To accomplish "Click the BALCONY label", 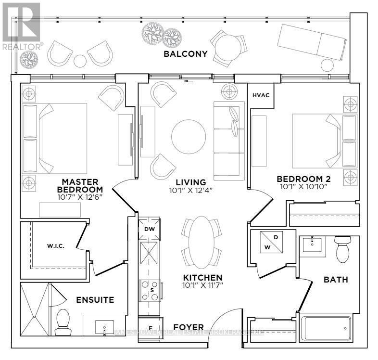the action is [185, 54].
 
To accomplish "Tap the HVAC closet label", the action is [261, 95].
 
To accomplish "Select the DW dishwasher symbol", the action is [149, 229].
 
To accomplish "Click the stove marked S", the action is [150, 291].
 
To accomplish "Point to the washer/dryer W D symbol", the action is [272, 242].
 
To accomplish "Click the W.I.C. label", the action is [55, 246].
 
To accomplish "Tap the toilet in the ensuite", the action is [63, 322].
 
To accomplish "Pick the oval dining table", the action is [202, 243].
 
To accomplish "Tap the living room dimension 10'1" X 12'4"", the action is [190, 191].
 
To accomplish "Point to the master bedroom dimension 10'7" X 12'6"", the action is [80, 197].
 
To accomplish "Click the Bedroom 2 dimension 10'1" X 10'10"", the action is [303, 187].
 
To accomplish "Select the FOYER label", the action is [189, 327].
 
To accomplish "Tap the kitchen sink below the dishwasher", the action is [149, 253].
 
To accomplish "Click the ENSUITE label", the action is [95, 300].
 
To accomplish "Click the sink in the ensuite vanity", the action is [104, 327].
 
